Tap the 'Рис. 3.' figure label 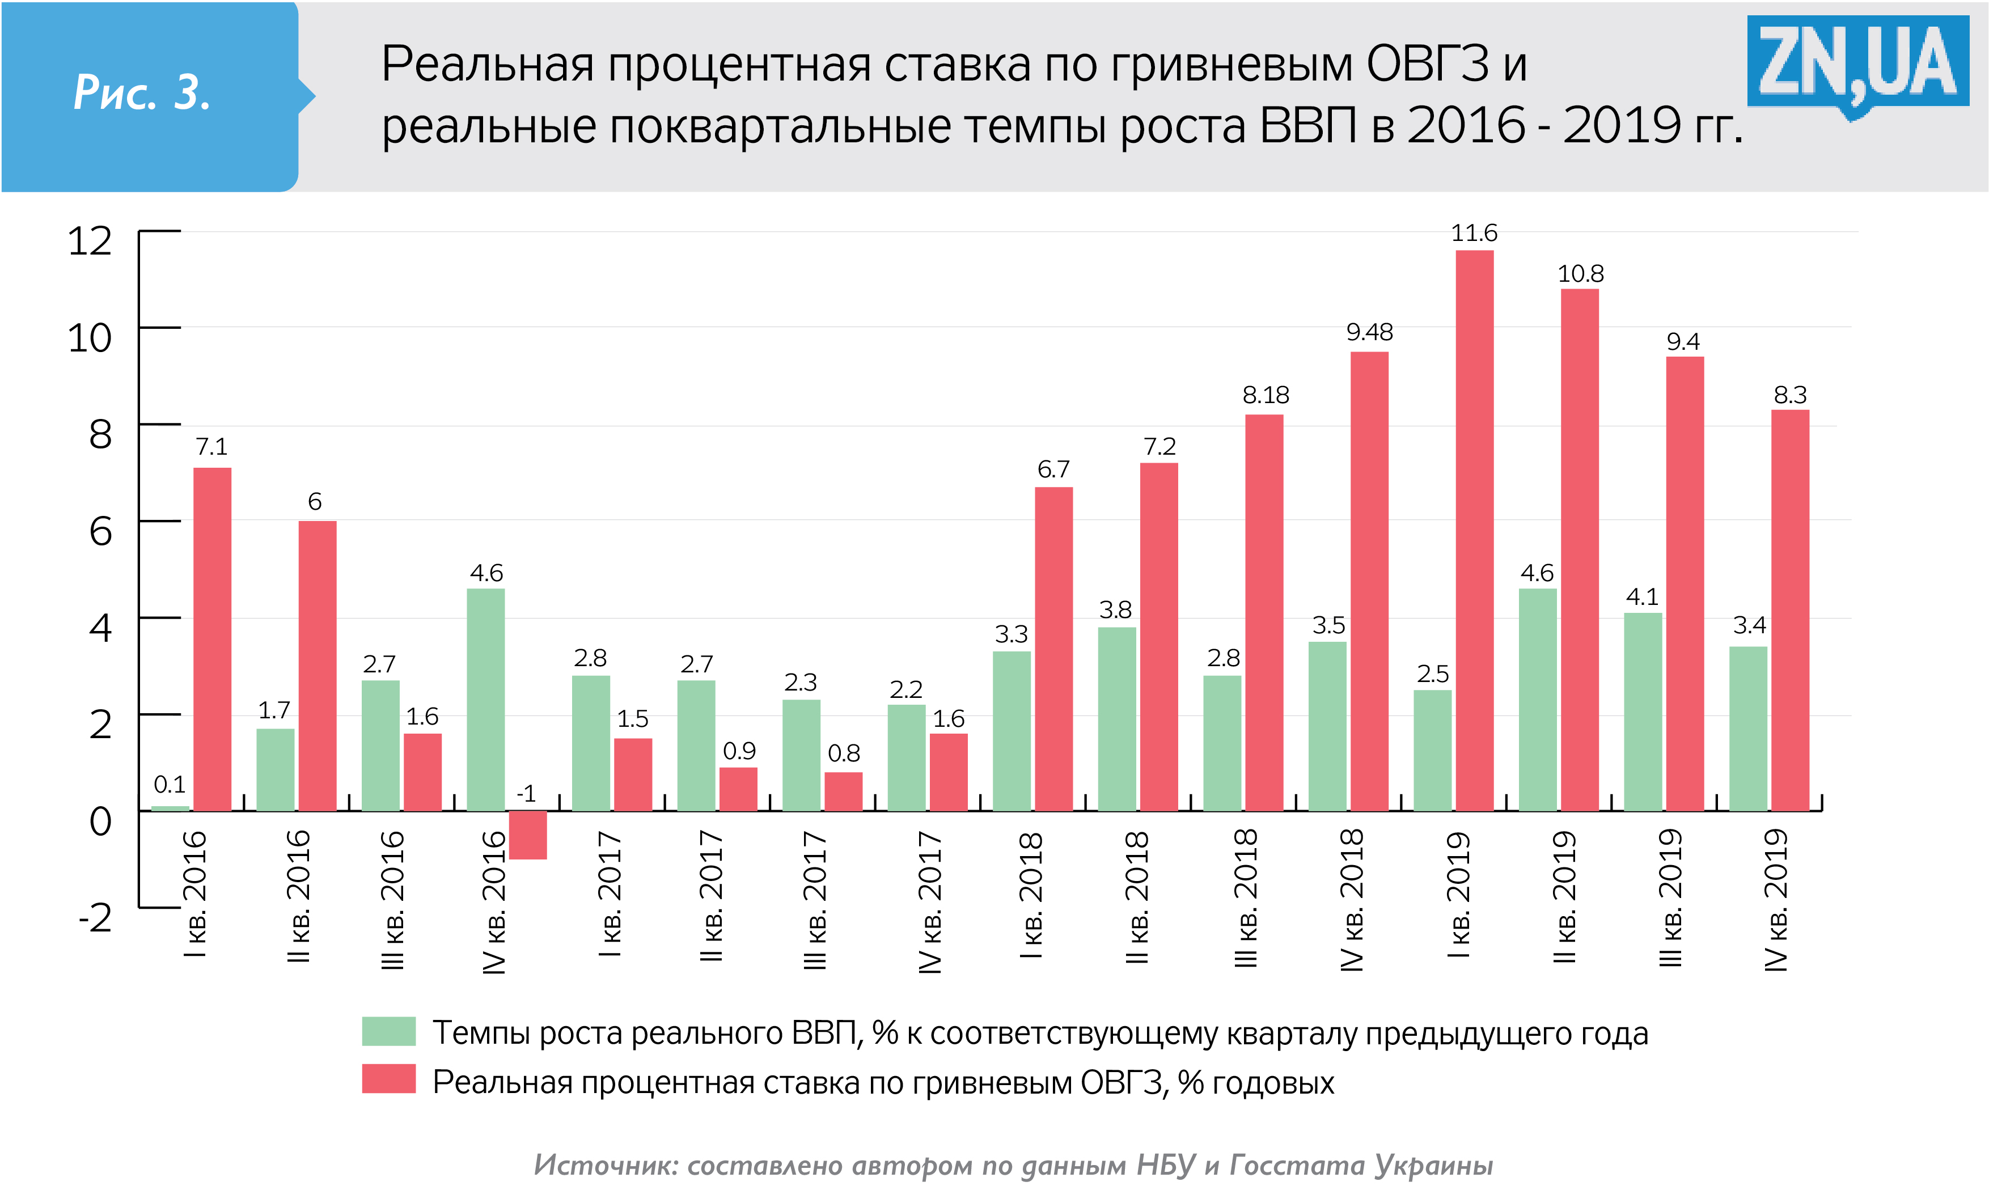pos(142,92)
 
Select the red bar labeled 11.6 pos(1474,530)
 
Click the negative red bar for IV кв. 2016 pos(527,835)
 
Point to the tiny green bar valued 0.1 pos(170,807)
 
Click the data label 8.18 pos(1265,395)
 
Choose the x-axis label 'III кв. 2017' pos(815,900)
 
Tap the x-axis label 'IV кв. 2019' pos(1776,900)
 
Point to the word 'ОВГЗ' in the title pos(1427,64)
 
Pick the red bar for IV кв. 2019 pos(1789,609)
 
